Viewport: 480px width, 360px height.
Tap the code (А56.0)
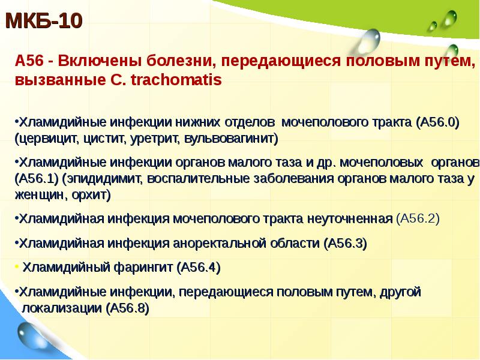pyautogui.click(x=436, y=122)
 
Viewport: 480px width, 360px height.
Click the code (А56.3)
pyautogui.click(x=345, y=244)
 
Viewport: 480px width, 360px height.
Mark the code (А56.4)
pyautogui.click(x=199, y=268)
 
